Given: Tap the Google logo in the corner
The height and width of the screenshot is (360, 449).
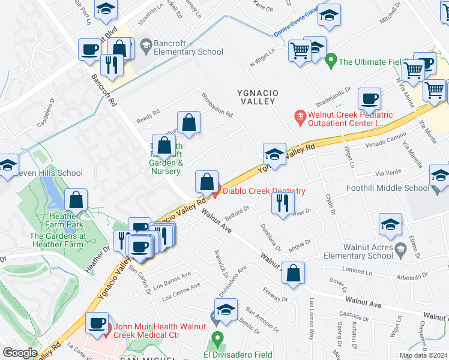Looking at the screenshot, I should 20,353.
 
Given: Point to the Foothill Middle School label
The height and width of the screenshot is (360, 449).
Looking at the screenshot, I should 388,188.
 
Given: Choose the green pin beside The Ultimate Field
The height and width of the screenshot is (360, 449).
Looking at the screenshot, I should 330,61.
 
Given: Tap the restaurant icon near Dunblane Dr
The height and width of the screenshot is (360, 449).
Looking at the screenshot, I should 282,203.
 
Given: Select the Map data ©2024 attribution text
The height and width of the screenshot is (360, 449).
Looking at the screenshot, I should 423,355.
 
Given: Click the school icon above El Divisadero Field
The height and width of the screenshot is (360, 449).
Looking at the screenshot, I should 226,310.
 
